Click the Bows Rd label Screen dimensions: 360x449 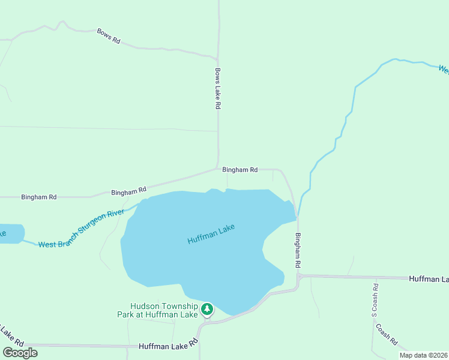[x=109, y=36]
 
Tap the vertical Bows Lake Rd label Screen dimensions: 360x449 [x=218, y=88]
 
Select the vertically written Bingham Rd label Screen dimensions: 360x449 [x=297, y=250]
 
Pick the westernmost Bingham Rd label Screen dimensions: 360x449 [x=38, y=197]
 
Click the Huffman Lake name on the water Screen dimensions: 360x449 [x=211, y=234]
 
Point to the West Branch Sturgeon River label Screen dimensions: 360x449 [x=81, y=229]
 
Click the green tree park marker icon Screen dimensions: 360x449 [x=207, y=310]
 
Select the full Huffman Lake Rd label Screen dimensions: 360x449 [x=168, y=346]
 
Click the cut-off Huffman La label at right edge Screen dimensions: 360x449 [x=429, y=279]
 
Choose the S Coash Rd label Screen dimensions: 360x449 [x=374, y=300]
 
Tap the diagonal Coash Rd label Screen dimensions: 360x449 [x=387, y=334]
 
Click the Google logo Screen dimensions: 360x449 [x=20, y=353]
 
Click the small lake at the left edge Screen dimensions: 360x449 [x=10, y=233]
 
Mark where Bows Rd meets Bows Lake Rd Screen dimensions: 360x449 [x=217, y=59]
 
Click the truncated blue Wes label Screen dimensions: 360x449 [x=444, y=70]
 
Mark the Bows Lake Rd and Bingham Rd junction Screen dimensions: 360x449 [x=218, y=169]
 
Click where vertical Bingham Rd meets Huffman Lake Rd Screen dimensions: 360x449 [x=298, y=277]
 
